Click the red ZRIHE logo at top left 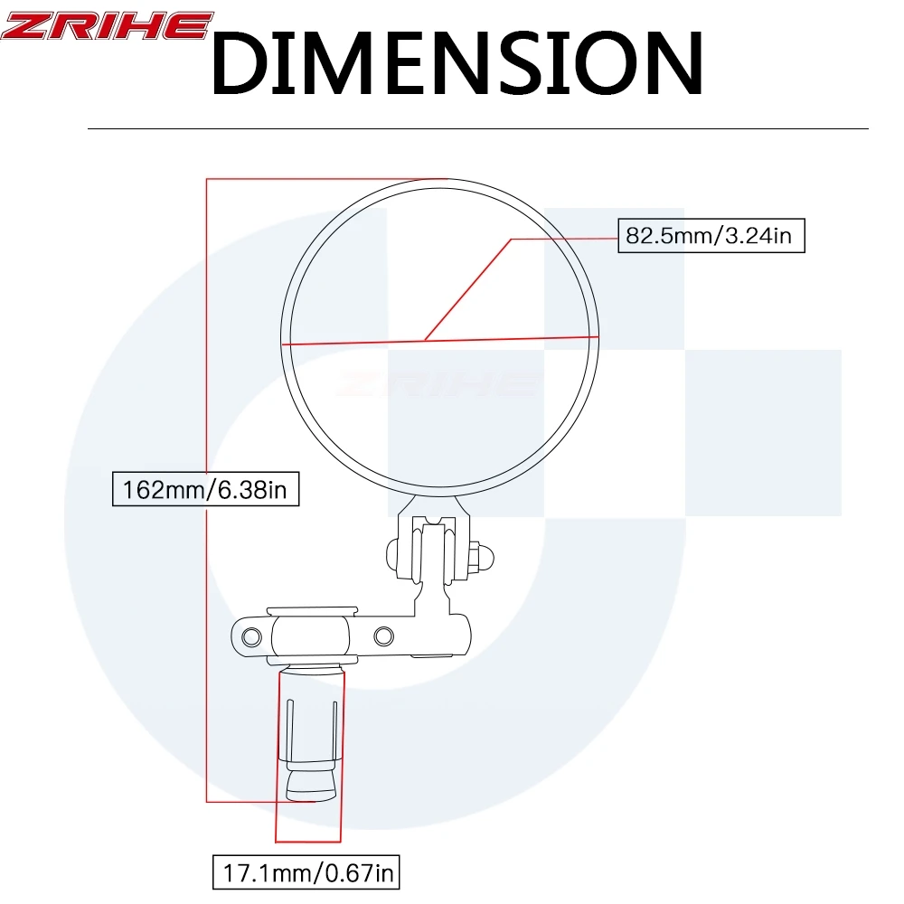(107, 26)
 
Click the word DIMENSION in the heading (457, 63)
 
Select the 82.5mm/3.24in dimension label (711, 235)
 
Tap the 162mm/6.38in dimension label (206, 489)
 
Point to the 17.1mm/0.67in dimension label (306, 872)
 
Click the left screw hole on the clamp (251, 637)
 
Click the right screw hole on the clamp (383, 636)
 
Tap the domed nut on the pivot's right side (482, 557)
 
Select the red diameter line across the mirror (440, 340)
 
